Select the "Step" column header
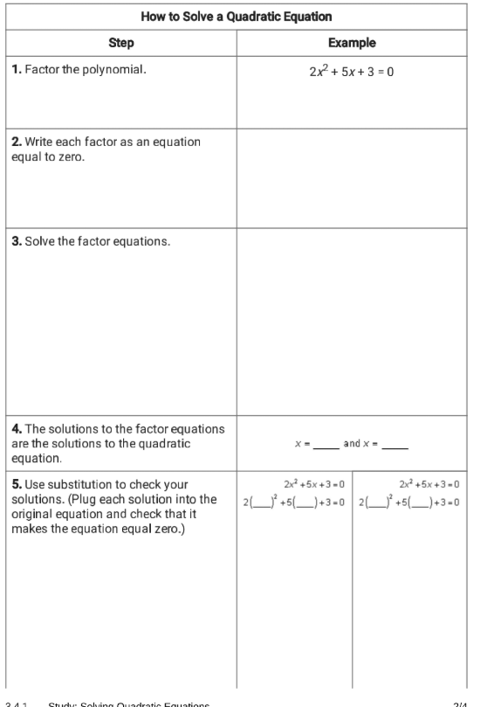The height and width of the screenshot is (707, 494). [120, 43]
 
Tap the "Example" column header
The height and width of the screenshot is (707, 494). [352, 43]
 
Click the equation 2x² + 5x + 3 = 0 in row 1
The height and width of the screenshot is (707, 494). [351, 71]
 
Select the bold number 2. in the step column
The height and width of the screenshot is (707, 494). [17, 142]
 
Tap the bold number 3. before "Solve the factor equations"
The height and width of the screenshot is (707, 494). [17, 241]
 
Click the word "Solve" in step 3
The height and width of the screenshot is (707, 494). [41, 241]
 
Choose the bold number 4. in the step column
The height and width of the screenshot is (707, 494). [17, 428]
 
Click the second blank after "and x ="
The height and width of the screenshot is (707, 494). [395, 444]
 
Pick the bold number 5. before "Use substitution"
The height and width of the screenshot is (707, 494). [17, 484]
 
